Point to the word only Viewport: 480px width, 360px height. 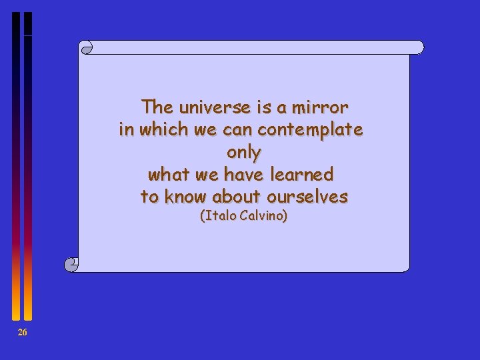[243, 152]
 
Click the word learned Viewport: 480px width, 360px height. [304, 175]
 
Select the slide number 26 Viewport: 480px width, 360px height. [22, 333]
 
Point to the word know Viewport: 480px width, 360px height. [186, 197]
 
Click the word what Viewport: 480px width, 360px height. [167, 175]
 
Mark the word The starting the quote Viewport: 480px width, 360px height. [157, 107]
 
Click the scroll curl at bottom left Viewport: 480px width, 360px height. [71, 265]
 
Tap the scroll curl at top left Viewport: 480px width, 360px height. [85, 47]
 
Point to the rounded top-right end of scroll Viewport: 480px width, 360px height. [419, 47]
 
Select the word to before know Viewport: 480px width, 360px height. [149, 197]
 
